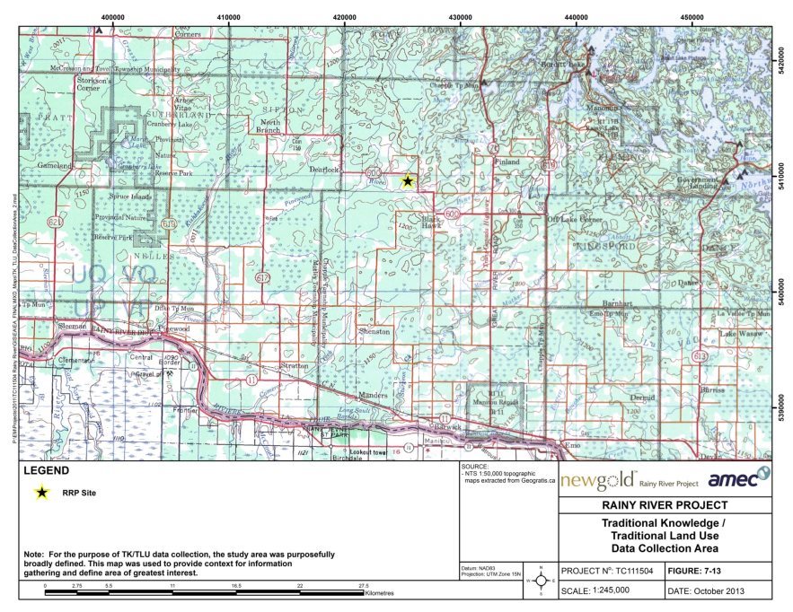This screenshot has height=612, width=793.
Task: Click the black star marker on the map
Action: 407,180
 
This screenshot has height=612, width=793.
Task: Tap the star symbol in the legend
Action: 41,492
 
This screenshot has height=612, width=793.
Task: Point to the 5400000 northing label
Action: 781,293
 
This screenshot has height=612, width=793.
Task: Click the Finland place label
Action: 507,162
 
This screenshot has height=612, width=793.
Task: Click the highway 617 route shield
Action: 262,279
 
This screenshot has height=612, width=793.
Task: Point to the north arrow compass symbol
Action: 539,581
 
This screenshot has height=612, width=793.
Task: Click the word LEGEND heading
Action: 45,471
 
